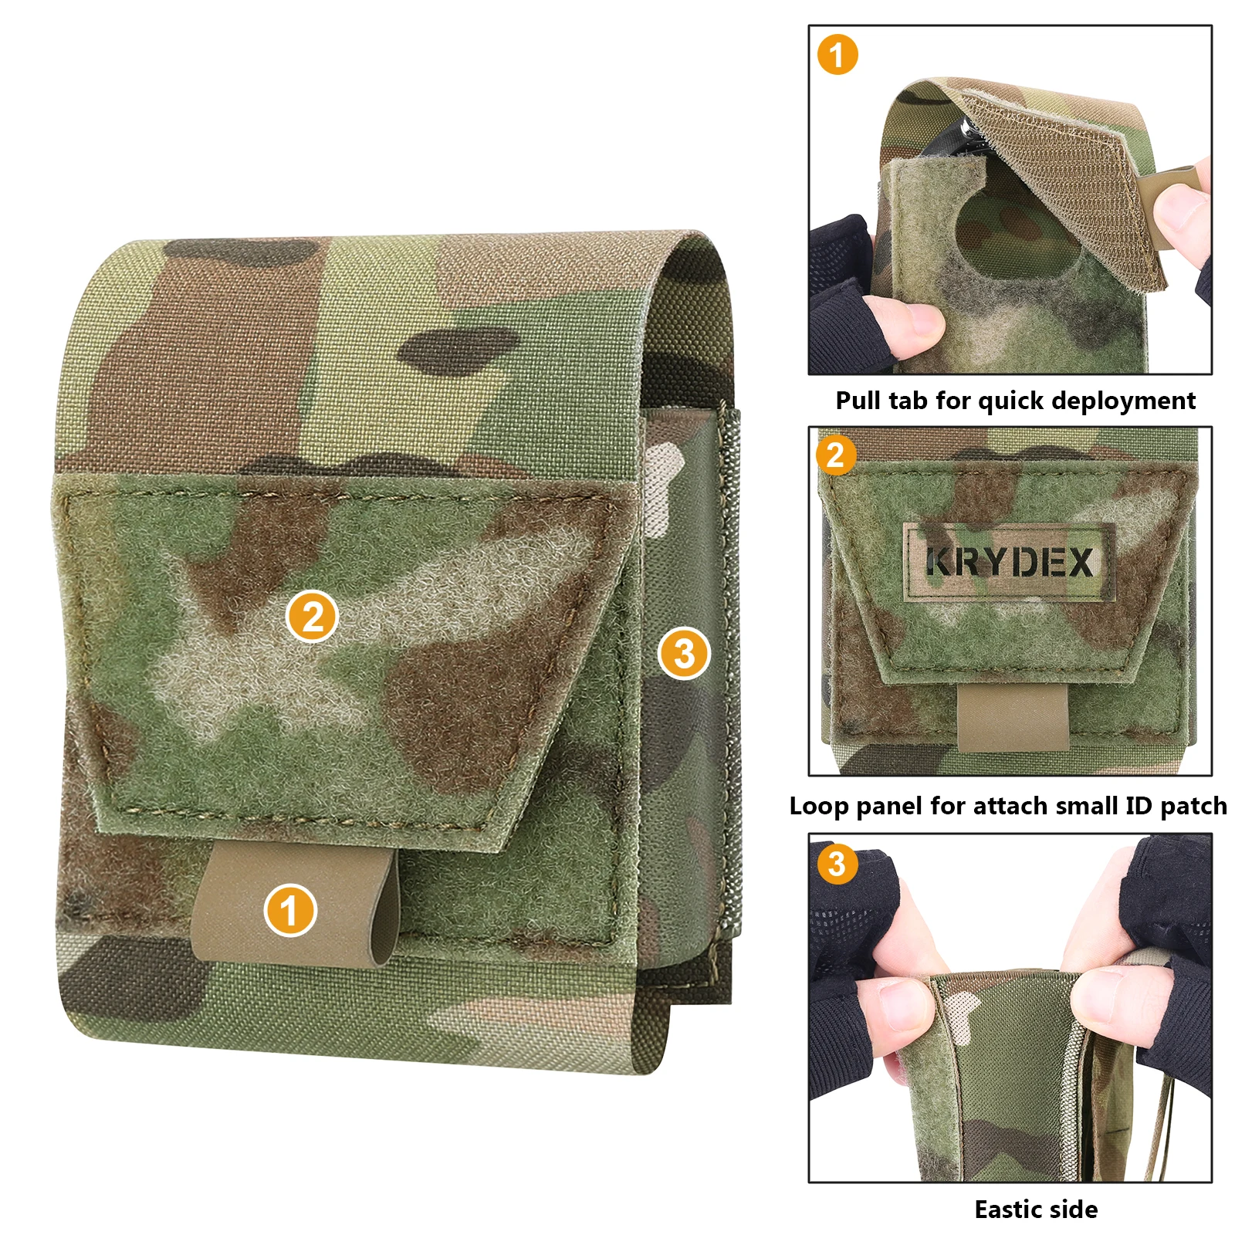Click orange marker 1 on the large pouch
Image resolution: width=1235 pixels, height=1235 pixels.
(289, 910)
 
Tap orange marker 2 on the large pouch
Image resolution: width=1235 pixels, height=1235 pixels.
(312, 617)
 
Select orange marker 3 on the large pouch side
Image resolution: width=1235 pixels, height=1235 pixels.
(684, 654)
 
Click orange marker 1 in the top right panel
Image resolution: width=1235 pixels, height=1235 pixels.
(837, 55)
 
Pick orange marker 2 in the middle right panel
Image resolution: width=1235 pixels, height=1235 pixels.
(836, 455)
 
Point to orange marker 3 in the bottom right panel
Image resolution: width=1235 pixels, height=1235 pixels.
(837, 863)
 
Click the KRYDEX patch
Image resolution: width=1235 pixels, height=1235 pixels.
(1010, 562)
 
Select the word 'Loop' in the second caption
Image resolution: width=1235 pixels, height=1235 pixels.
(819, 806)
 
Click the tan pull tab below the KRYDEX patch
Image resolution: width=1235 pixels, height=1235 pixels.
(1013, 716)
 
